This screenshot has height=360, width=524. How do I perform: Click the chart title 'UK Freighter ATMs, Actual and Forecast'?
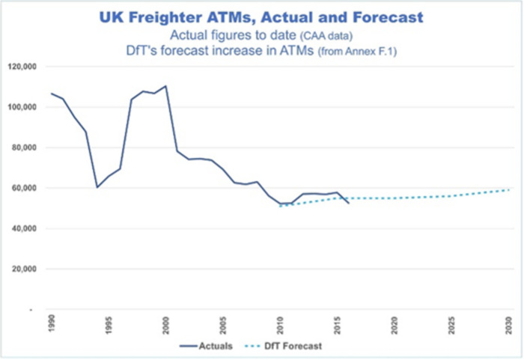[261, 17]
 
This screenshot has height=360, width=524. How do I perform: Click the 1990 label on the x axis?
[52, 324]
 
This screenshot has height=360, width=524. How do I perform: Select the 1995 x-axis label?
[109, 324]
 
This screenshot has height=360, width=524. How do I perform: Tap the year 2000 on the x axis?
[166, 324]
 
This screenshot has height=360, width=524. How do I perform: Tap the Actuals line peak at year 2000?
[165, 85]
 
